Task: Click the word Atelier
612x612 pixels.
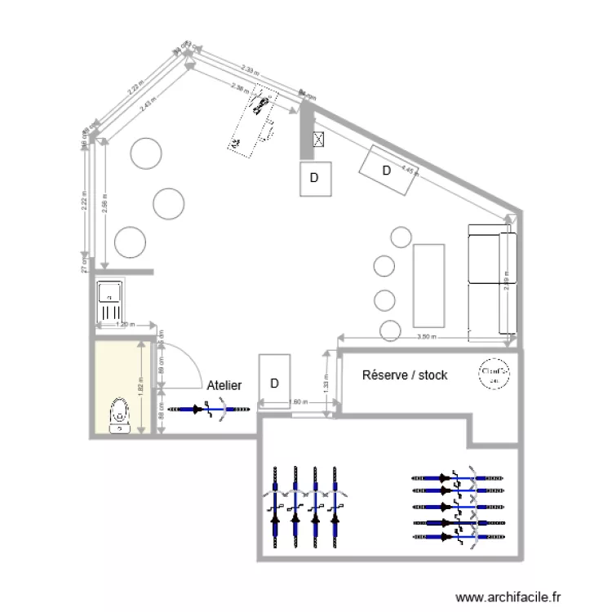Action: pyautogui.click(x=224, y=384)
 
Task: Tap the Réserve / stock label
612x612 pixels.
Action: pyautogui.click(x=405, y=375)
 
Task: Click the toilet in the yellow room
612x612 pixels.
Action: pyautogui.click(x=120, y=414)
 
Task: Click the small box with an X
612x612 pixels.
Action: pyautogui.click(x=319, y=140)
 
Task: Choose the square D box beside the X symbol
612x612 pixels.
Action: pyautogui.click(x=314, y=179)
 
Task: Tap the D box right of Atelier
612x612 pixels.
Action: pyautogui.click(x=275, y=379)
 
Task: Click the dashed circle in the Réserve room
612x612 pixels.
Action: pyautogui.click(x=495, y=374)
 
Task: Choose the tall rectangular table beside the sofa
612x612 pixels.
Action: pyautogui.click(x=430, y=284)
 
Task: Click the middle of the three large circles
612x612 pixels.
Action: pyautogui.click(x=169, y=203)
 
